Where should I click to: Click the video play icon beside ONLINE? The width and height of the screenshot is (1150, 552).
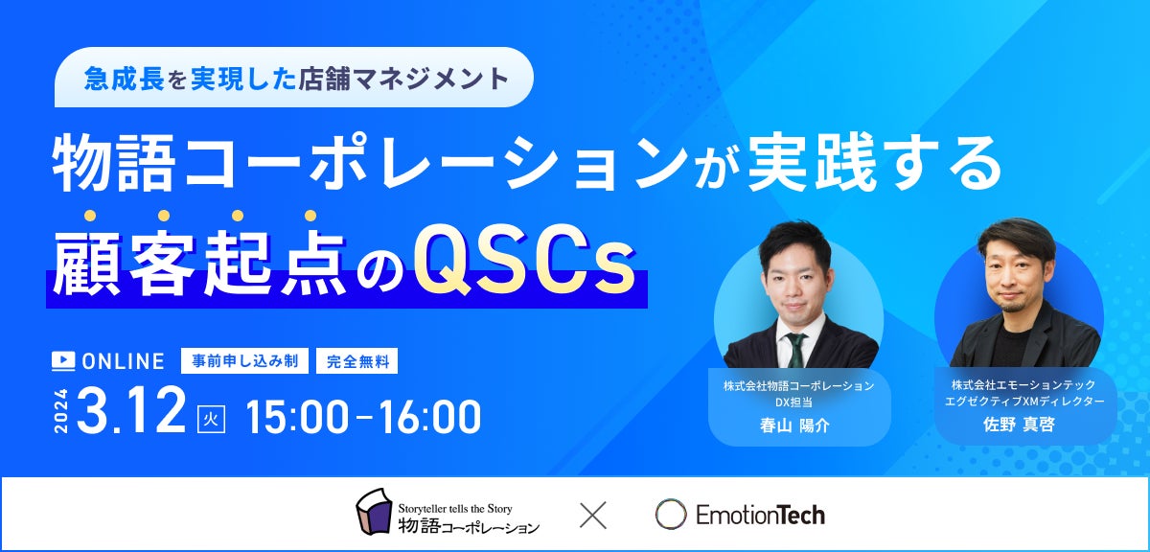63,361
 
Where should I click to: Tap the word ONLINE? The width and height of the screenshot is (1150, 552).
124,361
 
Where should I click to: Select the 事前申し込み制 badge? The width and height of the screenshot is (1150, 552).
245,361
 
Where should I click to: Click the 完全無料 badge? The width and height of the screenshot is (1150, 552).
356,361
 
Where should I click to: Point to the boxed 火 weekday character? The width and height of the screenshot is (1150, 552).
212,420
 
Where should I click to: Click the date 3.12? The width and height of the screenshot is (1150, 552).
131,411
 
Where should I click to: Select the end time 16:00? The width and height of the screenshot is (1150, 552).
430,417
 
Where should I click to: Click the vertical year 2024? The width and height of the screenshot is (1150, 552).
61,411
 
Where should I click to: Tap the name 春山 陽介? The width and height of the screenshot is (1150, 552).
794,425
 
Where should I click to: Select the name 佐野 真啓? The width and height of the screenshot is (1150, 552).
1019,425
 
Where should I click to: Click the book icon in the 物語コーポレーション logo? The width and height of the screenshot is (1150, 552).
375,511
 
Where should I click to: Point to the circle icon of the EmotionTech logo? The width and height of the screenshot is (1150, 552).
671,514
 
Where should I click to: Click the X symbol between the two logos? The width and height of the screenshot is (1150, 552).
593,515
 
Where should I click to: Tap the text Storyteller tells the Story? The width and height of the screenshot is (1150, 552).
455,508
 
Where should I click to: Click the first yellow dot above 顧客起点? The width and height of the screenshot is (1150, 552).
90,216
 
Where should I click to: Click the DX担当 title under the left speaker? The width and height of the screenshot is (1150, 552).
793,402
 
